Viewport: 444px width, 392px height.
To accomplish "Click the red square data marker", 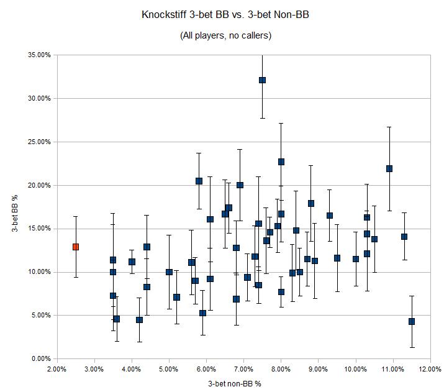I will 76,247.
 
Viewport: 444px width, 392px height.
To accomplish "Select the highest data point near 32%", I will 262,80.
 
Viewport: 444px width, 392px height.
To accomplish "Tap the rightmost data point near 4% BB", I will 412,321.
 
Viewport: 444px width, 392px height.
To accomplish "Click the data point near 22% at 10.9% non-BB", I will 389,168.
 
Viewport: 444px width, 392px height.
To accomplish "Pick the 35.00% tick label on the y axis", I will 40,55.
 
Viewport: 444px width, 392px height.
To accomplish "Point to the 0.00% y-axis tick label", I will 41,359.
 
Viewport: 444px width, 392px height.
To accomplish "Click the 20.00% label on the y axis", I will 40,185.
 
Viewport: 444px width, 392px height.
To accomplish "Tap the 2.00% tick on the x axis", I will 57,369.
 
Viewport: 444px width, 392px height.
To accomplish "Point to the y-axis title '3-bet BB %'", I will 13,207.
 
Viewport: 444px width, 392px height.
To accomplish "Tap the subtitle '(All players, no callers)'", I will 225,35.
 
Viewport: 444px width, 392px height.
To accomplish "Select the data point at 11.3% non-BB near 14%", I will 404,237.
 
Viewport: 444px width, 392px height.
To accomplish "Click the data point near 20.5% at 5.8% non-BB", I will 199,181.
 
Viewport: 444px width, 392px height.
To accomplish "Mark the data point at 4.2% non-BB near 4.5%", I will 139,320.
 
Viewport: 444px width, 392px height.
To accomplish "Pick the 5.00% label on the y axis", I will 41,316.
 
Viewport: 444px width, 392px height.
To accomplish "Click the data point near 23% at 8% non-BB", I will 281,162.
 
